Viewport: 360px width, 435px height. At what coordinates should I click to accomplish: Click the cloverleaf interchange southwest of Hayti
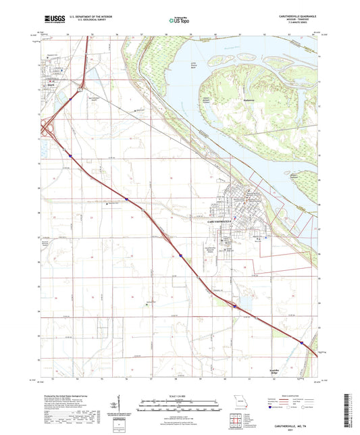[x=49, y=130]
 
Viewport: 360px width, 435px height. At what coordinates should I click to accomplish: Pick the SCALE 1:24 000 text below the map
[x=180, y=394]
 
